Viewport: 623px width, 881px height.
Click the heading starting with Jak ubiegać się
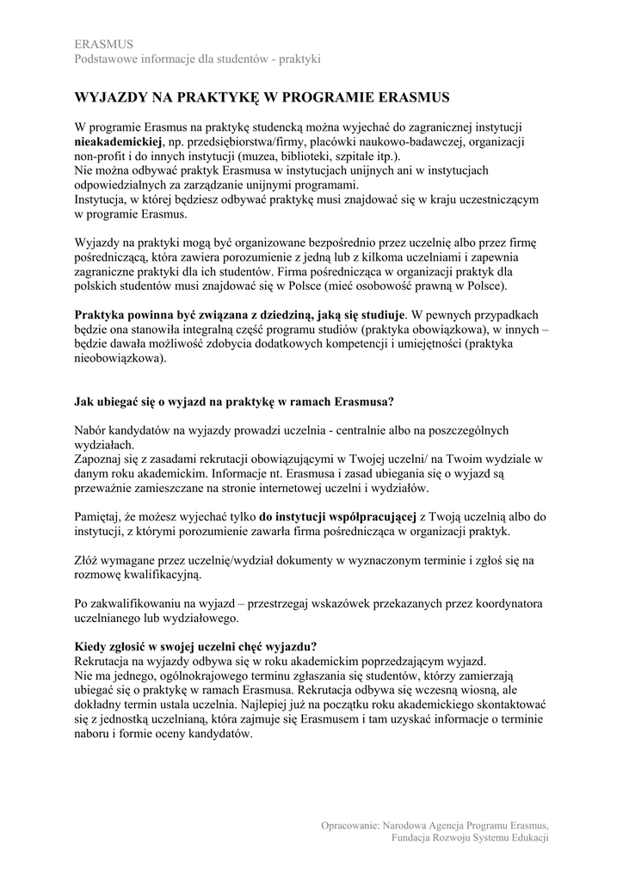pyautogui.click(x=234, y=401)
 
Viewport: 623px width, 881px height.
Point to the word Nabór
pyautogui.click(x=94, y=430)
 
